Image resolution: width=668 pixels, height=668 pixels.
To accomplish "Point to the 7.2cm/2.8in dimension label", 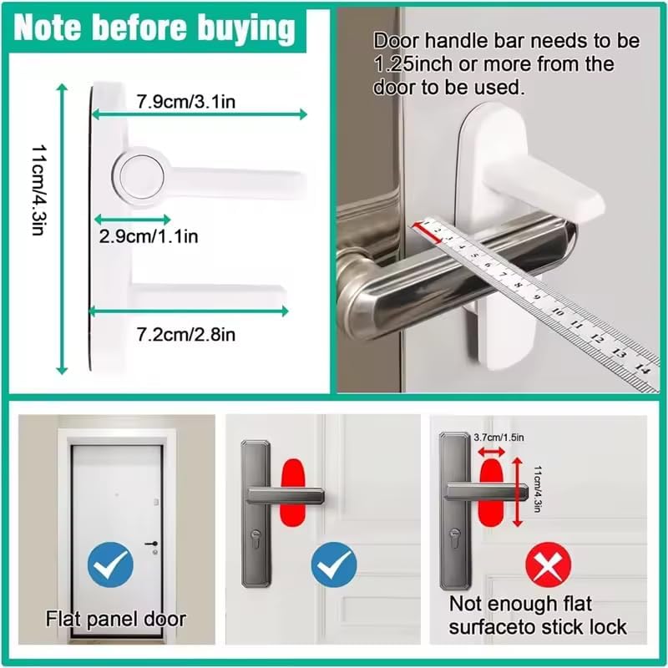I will [x=185, y=334].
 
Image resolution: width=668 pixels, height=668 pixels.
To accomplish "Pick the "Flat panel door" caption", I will [x=115, y=619].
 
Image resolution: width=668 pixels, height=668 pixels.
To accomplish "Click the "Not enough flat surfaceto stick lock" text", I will [x=538, y=615].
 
